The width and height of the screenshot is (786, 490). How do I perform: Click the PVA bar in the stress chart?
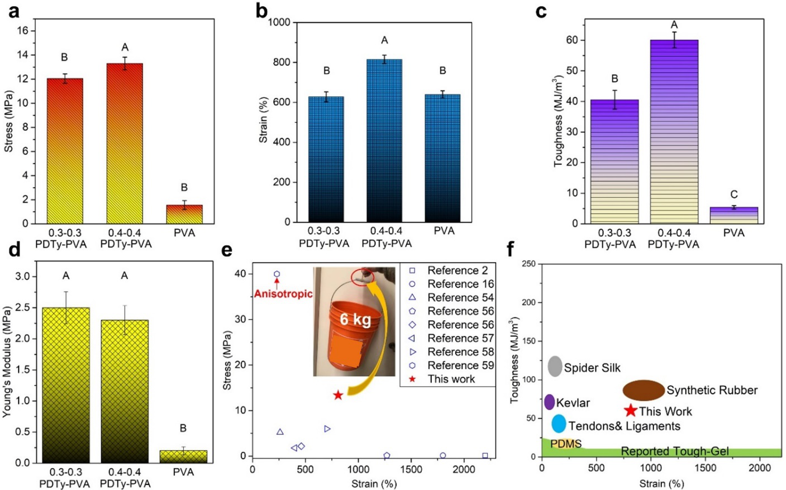click(184, 215)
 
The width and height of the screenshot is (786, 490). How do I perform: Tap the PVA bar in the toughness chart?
click(733, 216)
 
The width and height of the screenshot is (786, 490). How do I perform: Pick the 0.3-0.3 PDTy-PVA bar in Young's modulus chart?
click(66, 386)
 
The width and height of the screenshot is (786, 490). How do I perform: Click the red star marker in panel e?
click(338, 395)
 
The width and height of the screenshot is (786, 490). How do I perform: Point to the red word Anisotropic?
click(283, 294)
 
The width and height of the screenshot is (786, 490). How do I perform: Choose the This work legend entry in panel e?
click(451, 379)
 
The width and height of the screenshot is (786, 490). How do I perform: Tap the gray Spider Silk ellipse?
click(555, 366)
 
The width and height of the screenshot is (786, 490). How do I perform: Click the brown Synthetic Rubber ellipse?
click(644, 391)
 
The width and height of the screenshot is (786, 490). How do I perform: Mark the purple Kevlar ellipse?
click(549, 402)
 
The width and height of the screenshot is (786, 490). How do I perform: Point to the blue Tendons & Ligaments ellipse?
click(559, 424)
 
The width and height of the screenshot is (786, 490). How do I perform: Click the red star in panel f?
click(630, 411)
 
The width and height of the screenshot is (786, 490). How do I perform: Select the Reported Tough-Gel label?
click(674, 451)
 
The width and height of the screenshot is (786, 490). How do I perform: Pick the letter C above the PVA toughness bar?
click(733, 194)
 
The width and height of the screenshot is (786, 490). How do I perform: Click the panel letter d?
click(13, 250)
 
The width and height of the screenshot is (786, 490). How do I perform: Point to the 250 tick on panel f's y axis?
click(527, 264)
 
